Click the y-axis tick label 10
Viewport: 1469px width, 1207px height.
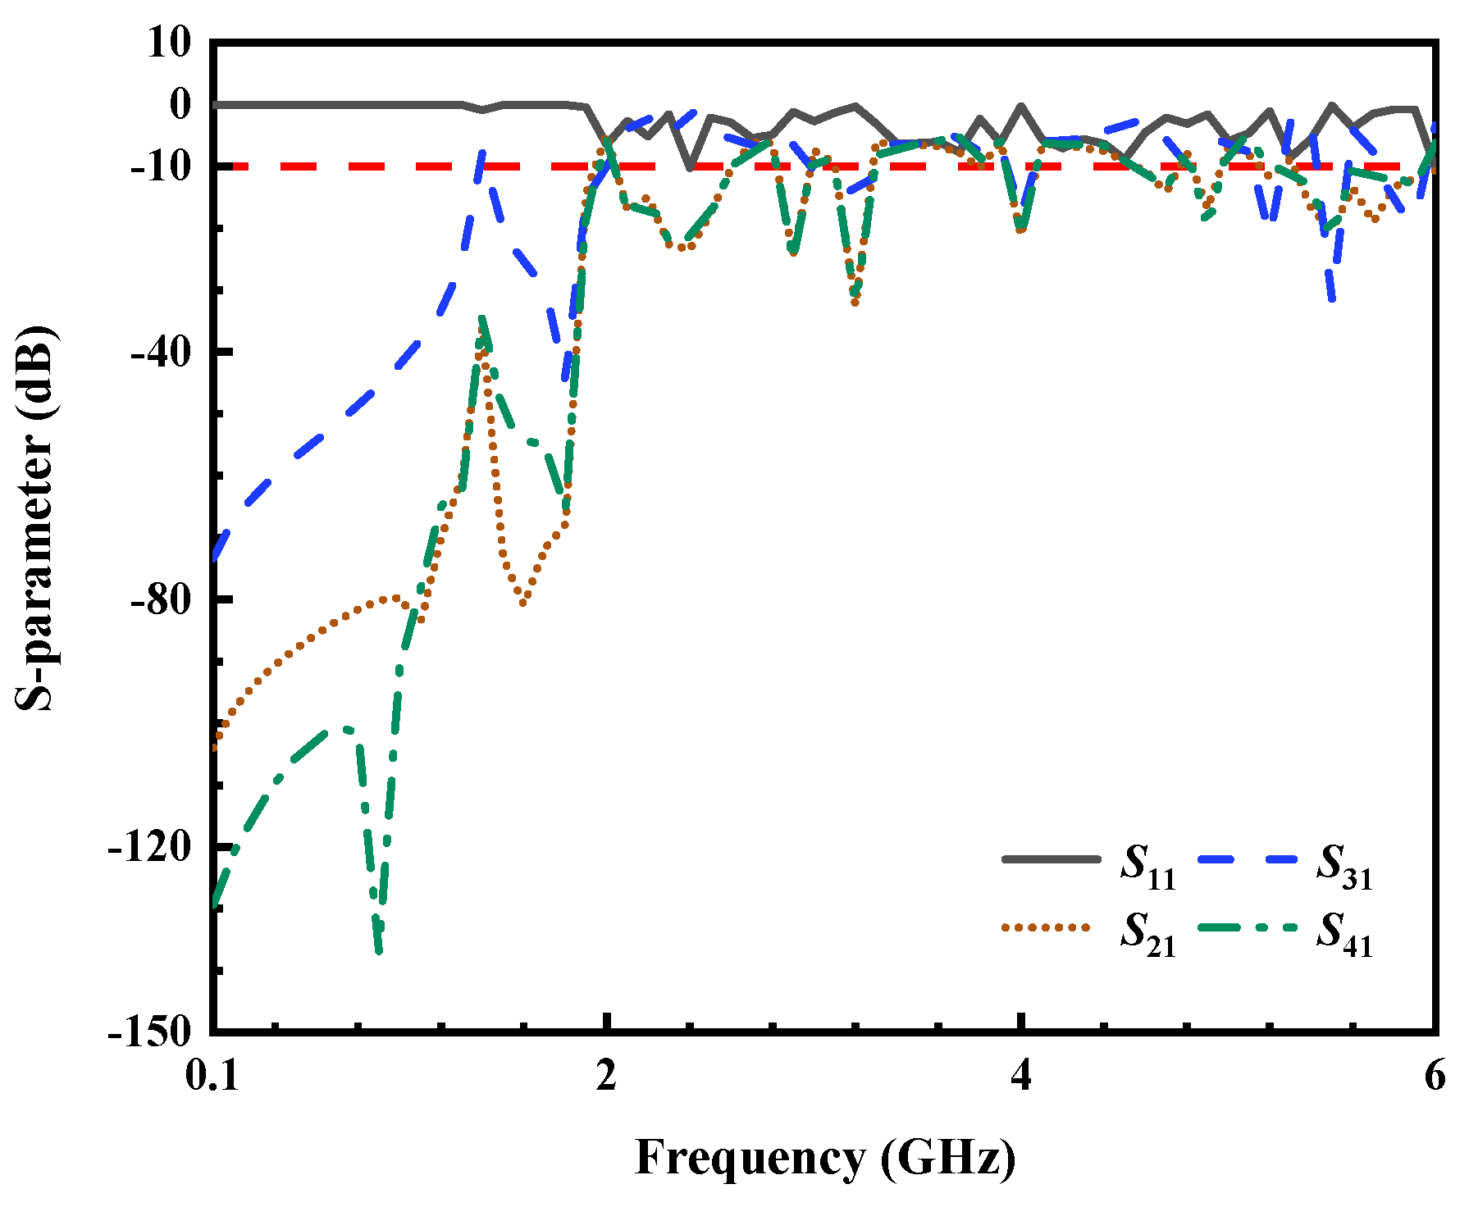tap(168, 43)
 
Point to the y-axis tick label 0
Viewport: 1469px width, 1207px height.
tap(180, 103)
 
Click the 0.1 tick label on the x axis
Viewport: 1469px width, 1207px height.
tap(213, 1077)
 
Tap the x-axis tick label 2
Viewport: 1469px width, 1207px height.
tap(606, 1077)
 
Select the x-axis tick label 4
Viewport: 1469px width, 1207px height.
tap(1021, 1077)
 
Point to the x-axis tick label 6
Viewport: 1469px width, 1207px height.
tap(1435, 1077)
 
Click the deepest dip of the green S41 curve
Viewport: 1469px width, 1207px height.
tap(378, 951)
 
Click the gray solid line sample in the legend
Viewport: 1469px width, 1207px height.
tap(1051, 859)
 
